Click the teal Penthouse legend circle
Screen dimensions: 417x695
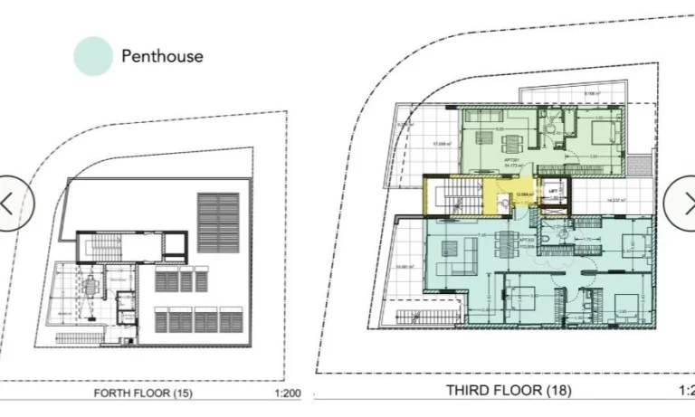(x=93, y=56)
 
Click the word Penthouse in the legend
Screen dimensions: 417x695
(x=162, y=56)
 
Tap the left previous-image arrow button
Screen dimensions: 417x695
(x=11, y=203)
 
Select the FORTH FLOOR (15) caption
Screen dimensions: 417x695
(x=144, y=393)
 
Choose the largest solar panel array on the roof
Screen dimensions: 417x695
(x=218, y=223)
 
